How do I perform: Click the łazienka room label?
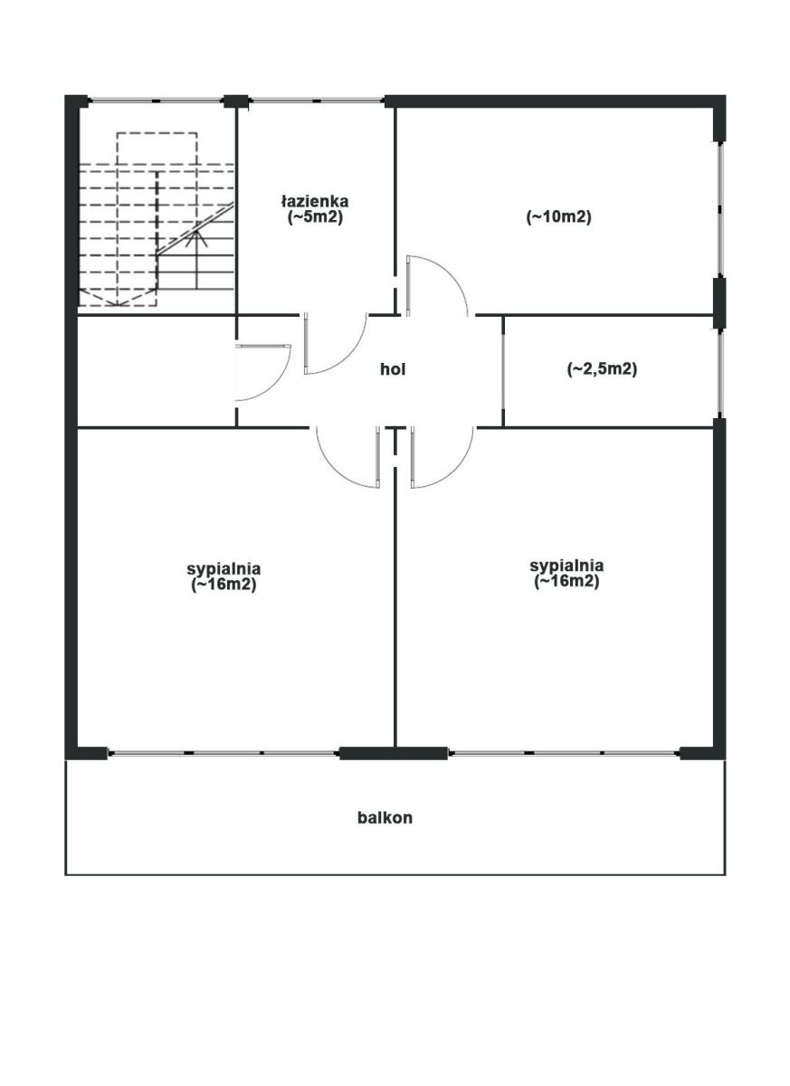coord(315,201)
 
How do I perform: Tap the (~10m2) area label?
coord(559,216)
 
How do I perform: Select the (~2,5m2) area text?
coord(602,369)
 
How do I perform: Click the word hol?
coord(393,369)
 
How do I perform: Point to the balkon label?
coord(385,817)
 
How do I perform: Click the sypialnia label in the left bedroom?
coord(224,568)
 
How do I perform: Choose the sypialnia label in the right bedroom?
coord(566,566)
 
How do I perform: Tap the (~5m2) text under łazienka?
coord(315,217)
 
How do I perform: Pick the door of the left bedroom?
coord(347,456)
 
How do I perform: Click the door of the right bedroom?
coord(442,456)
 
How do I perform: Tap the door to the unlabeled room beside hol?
coord(262,372)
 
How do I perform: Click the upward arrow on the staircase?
coord(196,260)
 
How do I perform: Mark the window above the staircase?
coord(156,100)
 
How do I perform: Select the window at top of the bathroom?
coord(317,100)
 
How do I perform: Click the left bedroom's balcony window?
coord(223,753)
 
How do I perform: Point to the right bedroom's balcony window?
coord(564,753)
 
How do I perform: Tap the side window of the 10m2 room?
coord(720,209)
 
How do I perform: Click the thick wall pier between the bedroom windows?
coord(393,753)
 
